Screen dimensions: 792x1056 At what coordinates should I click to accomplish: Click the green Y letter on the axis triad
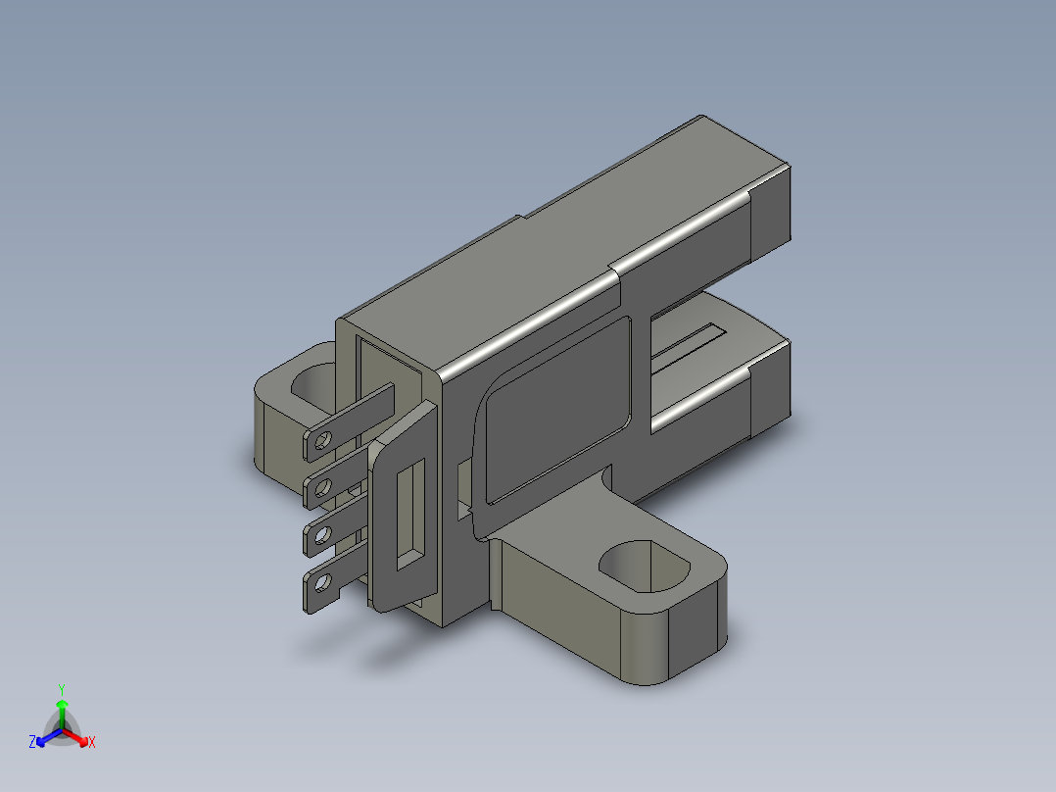pyautogui.click(x=61, y=689)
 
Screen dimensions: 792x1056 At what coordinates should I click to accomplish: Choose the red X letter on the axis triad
pyautogui.click(x=92, y=743)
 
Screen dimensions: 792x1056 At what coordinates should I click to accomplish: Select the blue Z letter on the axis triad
pyautogui.click(x=32, y=743)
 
